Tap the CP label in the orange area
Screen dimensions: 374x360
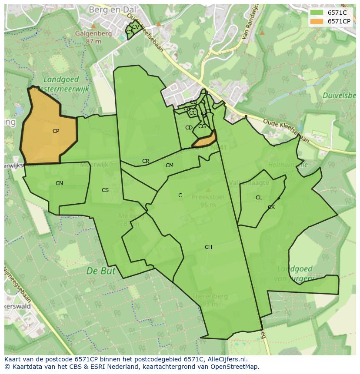click(56, 131)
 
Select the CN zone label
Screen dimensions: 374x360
click(59, 183)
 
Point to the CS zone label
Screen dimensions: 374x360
click(105, 190)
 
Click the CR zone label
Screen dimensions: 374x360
click(146, 161)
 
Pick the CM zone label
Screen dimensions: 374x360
click(170, 165)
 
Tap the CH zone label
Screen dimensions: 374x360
click(208, 247)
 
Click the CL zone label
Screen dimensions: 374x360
click(259, 198)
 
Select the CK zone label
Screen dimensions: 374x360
click(271, 207)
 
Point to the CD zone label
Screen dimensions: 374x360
click(189, 128)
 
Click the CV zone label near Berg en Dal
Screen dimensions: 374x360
click(135, 27)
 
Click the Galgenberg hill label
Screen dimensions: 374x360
click(93, 33)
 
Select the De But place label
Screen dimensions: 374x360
click(101, 271)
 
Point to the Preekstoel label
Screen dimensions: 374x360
click(207, 197)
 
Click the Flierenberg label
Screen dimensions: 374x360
click(210, 296)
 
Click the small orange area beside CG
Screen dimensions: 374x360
click(205, 140)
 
